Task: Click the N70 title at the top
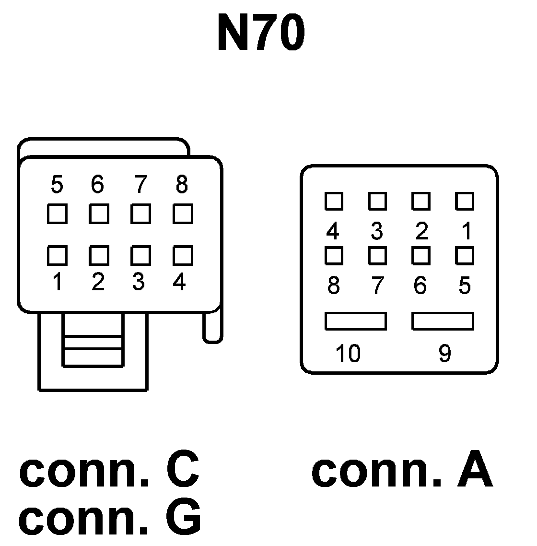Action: pos(261,33)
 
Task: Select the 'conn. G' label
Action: pos(110,519)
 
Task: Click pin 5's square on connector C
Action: pos(57,214)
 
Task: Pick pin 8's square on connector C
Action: pos(183,214)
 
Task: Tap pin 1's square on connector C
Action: pos(57,255)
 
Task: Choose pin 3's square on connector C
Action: pos(140,255)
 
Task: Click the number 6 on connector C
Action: pos(97,185)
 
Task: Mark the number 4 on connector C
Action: pos(179,283)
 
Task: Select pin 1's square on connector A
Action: pos(464,201)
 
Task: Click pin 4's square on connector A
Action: pos(334,201)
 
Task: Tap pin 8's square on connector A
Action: pos(334,255)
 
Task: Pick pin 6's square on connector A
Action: pos(420,255)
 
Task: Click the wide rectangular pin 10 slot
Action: pos(355,321)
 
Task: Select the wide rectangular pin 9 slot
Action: pos(443,321)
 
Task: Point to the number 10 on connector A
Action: pos(348,354)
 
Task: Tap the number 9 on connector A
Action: pos(444,354)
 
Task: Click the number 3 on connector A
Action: pos(377,232)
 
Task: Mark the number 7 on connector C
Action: pos(140,185)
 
